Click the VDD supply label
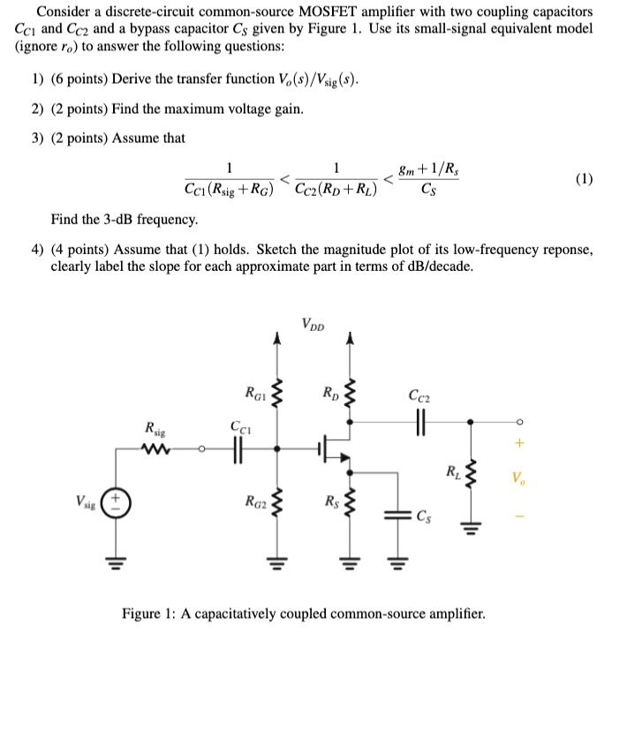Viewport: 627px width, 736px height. click(x=313, y=324)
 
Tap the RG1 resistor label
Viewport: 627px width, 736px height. click(x=253, y=389)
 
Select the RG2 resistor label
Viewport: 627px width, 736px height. click(x=253, y=505)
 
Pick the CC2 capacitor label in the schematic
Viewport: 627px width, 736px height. click(x=420, y=394)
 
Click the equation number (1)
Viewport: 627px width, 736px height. click(x=584, y=178)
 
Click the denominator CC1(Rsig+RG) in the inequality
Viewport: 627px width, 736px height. click(x=230, y=189)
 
